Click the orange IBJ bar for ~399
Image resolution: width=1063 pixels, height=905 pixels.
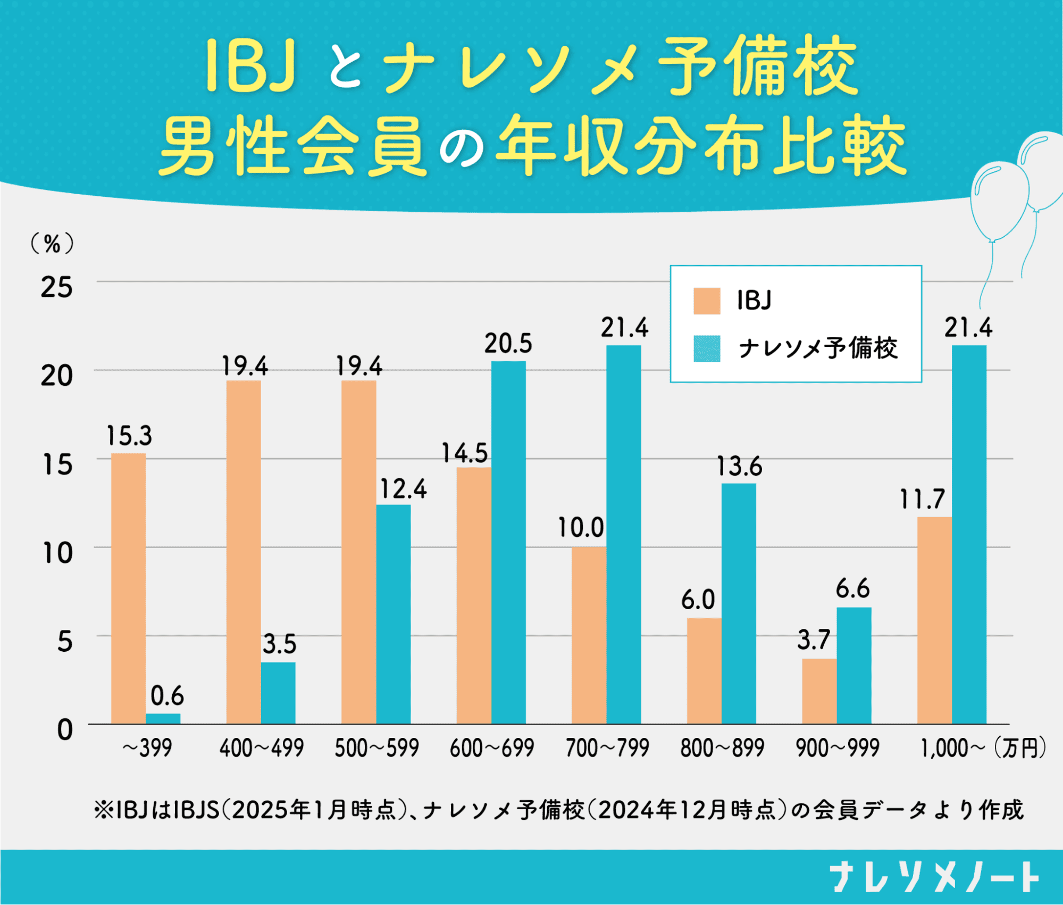pyautogui.click(x=128, y=588)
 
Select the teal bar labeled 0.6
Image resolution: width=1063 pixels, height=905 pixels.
pyautogui.click(x=163, y=718)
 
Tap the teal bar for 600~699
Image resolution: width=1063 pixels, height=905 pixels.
pyautogui.click(x=508, y=542)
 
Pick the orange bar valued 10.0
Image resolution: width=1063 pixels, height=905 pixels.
pyautogui.click(x=589, y=635)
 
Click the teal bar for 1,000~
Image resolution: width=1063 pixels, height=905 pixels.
pyautogui.click(x=969, y=534)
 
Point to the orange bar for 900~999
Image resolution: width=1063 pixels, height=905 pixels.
pyautogui.click(x=819, y=691)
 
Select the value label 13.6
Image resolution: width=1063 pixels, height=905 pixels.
pyautogui.click(x=739, y=467)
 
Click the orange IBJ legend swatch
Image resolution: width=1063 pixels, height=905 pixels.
pyautogui.click(x=707, y=301)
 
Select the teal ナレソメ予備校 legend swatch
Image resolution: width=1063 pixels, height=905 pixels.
pyautogui.click(x=707, y=348)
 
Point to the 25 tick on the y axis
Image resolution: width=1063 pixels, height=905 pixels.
pyautogui.click(x=56, y=288)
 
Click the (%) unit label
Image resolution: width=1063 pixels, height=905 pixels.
pyautogui.click(x=52, y=244)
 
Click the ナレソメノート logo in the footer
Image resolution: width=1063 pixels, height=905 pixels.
pyautogui.click(x=934, y=877)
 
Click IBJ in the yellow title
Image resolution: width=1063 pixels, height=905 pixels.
pyautogui.click(x=250, y=65)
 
